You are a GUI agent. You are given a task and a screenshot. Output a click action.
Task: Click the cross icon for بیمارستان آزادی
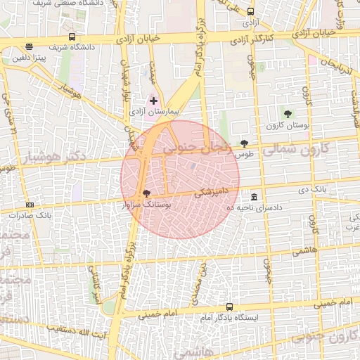(x=154, y=101)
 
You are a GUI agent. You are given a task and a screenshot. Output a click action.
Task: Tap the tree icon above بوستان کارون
(x=287, y=113)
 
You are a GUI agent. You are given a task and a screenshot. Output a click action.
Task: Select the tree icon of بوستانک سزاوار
(x=146, y=193)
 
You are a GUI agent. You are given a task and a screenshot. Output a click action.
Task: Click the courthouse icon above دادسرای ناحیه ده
(x=253, y=197)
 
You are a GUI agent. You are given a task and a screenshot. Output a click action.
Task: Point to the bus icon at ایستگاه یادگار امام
(x=229, y=307)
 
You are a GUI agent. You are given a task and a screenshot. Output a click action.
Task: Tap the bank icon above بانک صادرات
(x=29, y=204)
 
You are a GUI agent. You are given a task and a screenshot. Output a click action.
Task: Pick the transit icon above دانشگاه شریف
(x=72, y=37)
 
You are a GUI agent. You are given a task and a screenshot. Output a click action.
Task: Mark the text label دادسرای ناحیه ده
(x=253, y=208)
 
